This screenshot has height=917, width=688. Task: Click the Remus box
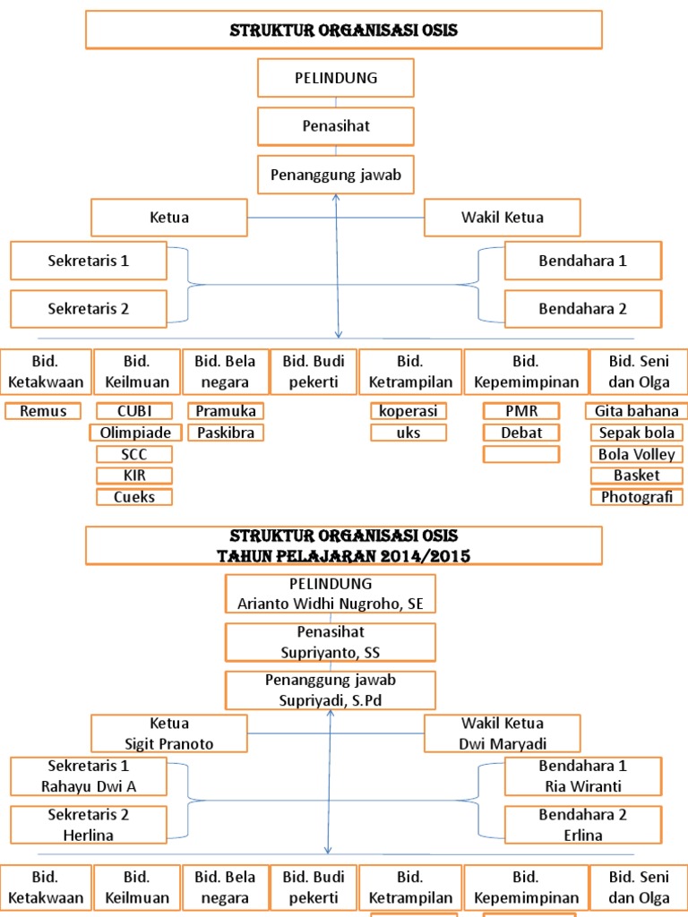(42, 411)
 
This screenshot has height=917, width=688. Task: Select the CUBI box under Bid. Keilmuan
(133, 411)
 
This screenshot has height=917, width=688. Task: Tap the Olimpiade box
(134, 433)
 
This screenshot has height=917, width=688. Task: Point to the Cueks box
(134, 497)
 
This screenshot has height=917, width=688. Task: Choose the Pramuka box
(227, 411)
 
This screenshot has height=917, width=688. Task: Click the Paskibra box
(227, 433)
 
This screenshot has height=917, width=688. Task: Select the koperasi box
(408, 411)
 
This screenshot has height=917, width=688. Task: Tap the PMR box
(521, 411)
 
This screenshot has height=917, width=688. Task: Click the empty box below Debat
(521, 454)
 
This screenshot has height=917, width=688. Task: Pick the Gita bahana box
(636, 411)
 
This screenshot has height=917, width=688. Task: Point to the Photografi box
(636, 497)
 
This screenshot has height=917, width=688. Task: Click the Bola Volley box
(636, 454)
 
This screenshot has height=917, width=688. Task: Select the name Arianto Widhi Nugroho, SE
(331, 604)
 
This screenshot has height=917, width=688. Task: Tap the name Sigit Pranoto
(170, 743)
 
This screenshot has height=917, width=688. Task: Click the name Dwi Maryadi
(502, 743)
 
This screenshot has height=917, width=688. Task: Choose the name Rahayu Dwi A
(89, 786)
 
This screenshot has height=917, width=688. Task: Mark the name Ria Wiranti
(582, 786)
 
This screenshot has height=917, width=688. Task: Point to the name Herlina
(89, 835)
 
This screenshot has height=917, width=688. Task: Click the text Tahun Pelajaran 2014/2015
(344, 556)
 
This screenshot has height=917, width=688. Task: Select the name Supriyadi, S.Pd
(331, 700)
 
